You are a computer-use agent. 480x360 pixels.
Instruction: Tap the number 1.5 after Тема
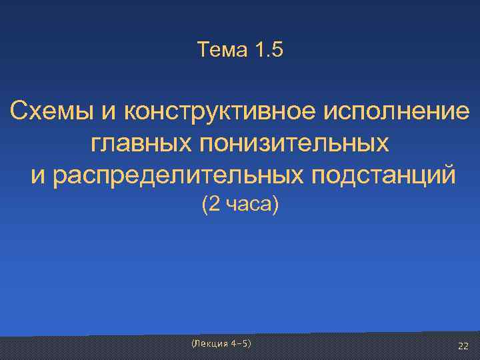(268, 49)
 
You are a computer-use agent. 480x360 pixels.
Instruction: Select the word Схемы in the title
(51, 110)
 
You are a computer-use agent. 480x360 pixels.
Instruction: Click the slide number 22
(463, 345)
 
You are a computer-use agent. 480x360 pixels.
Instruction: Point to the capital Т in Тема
(203, 49)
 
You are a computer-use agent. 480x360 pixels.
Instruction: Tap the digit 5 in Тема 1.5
(278, 49)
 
